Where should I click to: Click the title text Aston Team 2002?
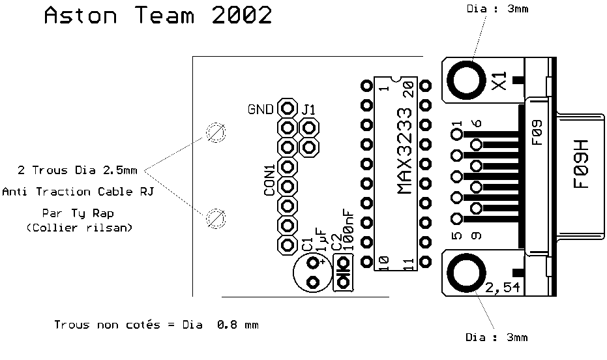pyautogui.click(x=158, y=16)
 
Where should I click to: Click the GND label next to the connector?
pyautogui.click(x=261, y=110)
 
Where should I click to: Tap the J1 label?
pyautogui.click(x=308, y=110)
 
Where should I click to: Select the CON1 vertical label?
pyautogui.click(x=269, y=180)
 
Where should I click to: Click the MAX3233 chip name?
pyautogui.click(x=405, y=151)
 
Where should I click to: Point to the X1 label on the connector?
pyautogui.click(x=499, y=81)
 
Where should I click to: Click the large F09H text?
pyautogui.click(x=581, y=164)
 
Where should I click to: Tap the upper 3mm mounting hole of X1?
pyautogui.click(x=466, y=81)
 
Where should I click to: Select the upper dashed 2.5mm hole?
pyautogui.click(x=216, y=133)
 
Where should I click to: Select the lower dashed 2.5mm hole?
pyautogui.click(x=216, y=218)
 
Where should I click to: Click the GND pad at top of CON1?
pyautogui.click(x=288, y=108)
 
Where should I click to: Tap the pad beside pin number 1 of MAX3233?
pyautogui.click(x=366, y=85)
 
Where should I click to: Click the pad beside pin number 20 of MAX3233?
pyautogui.click(x=426, y=85)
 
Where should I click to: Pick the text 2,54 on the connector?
pyautogui.click(x=503, y=287)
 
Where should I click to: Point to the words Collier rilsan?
pyautogui.click(x=80, y=228)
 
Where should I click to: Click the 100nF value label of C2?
pyautogui.click(x=348, y=230)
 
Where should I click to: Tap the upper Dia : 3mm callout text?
pyautogui.click(x=497, y=8)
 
